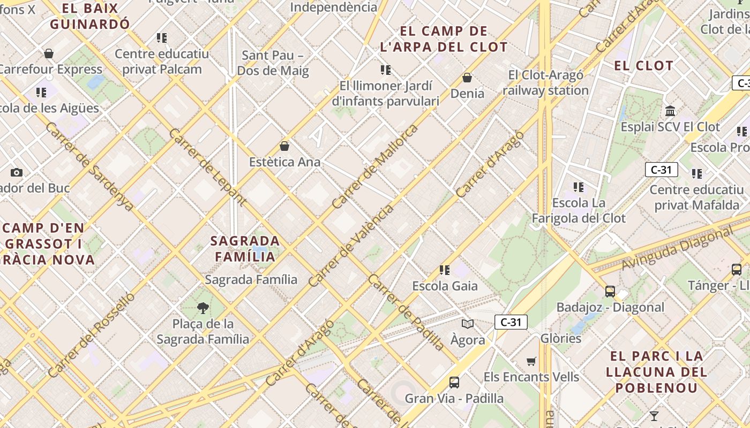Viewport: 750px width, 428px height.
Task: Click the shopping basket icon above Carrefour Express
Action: tap(49, 53)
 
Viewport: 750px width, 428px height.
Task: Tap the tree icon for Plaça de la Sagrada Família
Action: tap(202, 308)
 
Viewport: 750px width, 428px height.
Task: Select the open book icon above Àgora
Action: tap(468, 324)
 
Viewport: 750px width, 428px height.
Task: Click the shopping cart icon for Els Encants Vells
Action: tap(531, 361)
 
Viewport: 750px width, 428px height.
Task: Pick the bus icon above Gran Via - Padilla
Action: tap(454, 383)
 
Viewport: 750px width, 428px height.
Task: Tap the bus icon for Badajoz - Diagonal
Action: tap(610, 292)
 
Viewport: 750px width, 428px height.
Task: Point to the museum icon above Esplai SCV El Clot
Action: tap(670, 111)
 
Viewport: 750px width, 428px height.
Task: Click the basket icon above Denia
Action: tap(467, 78)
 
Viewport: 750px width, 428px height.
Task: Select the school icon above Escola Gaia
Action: tap(445, 270)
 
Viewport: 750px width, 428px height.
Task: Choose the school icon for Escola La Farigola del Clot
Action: tap(579, 187)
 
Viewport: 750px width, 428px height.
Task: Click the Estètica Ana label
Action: tap(285, 162)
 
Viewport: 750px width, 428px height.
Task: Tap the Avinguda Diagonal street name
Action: tap(677, 249)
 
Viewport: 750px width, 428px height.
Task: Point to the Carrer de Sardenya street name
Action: tap(89, 166)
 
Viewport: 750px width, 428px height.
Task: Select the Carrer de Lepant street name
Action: tap(207, 167)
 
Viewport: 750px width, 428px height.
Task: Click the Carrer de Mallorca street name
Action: tap(374, 166)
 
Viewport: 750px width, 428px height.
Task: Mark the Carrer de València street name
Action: tap(350, 246)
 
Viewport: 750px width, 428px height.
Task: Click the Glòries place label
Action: tap(561, 339)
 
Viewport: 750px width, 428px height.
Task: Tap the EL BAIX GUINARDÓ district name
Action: tap(89, 16)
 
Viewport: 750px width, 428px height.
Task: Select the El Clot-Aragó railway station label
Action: tap(545, 83)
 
